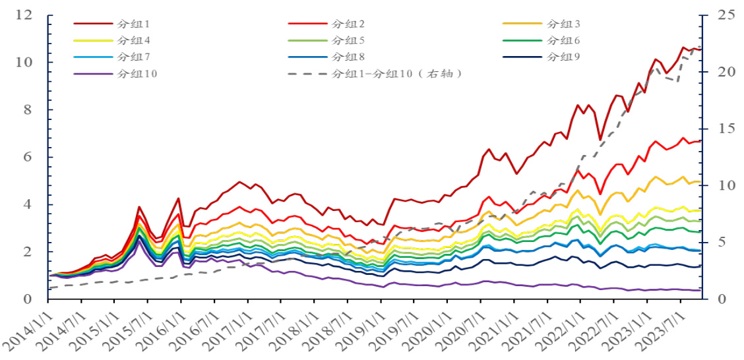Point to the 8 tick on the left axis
(x=28, y=110)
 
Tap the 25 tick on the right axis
(x=718, y=15)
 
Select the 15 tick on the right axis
(x=718, y=129)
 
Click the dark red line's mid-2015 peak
(x=139, y=207)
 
